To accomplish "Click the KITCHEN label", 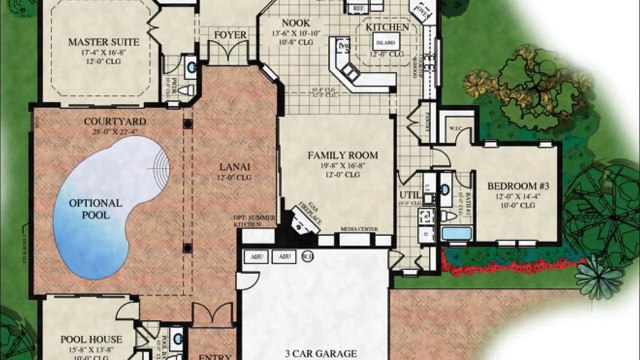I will point(386,28).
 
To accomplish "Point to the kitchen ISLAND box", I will point(385,43).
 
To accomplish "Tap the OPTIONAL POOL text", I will point(96,211).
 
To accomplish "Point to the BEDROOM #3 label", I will point(517,186).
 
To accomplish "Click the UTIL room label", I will point(407,195).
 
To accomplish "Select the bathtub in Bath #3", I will point(456,233).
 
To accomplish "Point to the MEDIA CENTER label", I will point(359,230).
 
